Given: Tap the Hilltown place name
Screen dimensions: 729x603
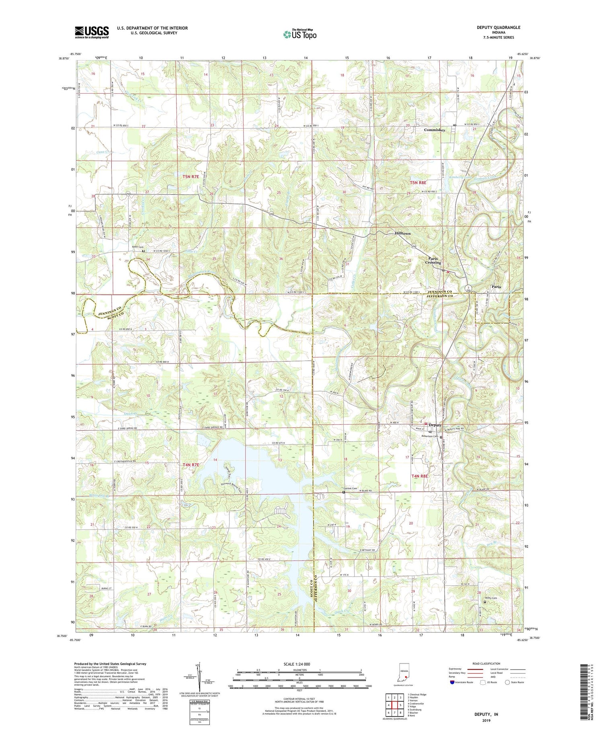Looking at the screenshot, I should (x=402, y=233).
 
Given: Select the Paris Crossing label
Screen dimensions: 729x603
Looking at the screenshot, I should (x=433, y=260).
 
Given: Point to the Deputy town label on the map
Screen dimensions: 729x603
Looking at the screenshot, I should (x=435, y=425).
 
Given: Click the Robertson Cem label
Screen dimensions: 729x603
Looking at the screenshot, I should (x=429, y=436).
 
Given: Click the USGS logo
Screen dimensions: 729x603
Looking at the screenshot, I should (x=92, y=32).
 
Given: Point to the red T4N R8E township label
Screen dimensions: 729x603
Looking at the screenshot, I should (x=420, y=476).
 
